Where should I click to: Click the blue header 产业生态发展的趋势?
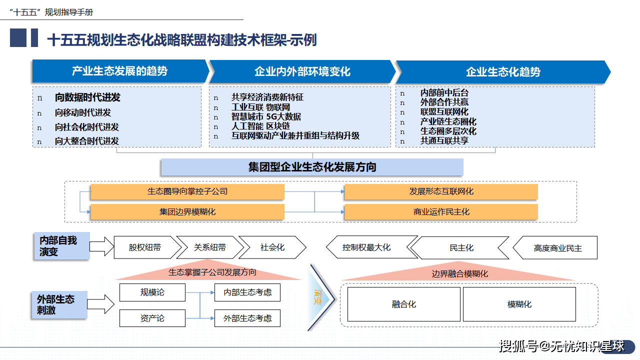click(x=119, y=71)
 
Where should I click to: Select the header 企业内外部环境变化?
click(x=302, y=71)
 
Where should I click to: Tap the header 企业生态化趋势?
click(x=502, y=72)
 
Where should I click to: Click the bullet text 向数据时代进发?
click(x=87, y=98)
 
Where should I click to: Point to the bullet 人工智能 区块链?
click(x=260, y=126)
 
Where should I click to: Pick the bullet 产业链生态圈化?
click(x=448, y=121)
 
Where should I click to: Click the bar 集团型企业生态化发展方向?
click(x=312, y=167)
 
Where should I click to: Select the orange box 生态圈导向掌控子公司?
click(x=187, y=191)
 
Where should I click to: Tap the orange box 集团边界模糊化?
click(x=187, y=212)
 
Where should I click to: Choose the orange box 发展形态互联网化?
click(x=441, y=191)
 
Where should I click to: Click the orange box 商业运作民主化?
click(x=441, y=212)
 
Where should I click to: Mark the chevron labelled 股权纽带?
click(x=144, y=247)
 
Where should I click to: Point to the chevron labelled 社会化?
click(x=272, y=247)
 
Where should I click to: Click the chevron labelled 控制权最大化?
click(x=366, y=247)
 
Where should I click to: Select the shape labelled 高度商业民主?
click(x=557, y=248)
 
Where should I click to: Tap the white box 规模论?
click(x=152, y=292)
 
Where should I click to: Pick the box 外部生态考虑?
click(x=247, y=318)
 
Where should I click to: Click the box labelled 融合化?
click(x=403, y=304)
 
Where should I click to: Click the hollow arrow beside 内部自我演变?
click(x=102, y=246)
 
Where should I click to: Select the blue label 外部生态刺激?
click(x=55, y=304)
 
